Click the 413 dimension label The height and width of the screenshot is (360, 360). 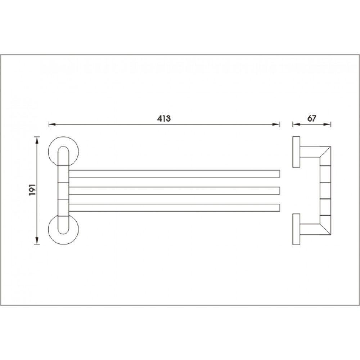(x=164, y=118)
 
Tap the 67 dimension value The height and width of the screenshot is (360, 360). (x=311, y=118)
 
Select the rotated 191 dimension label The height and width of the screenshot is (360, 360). (x=32, y=190)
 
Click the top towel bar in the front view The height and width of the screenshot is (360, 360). (x=174, y=174)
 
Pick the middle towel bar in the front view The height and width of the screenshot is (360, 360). (x=174, y=190)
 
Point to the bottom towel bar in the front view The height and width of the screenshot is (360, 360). (x=174, y=207)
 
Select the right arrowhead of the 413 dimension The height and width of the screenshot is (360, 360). (x=276, y=125)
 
